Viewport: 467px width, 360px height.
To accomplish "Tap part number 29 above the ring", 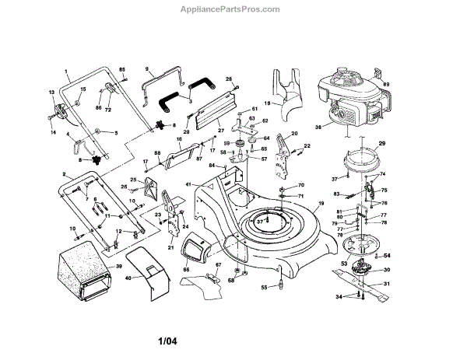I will coord(382,145).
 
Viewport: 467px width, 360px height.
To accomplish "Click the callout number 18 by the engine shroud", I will coord(266,103).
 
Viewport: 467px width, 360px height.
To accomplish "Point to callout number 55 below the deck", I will coord(263,288).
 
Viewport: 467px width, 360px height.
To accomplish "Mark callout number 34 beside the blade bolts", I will coord(339,297).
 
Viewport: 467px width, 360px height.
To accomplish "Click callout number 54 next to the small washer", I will coord(388,256).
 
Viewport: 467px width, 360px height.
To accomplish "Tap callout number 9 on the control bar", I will coord(146,68).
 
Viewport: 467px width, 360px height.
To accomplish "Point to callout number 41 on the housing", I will coord(188,183).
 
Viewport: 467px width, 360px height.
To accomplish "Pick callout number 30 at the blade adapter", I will coord(388,270).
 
